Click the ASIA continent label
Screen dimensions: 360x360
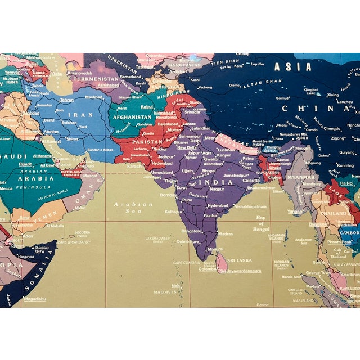[292, 66]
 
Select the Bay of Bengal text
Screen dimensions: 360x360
[260, 224]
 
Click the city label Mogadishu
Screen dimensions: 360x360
[35, 299]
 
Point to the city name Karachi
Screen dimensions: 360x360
[135, 166]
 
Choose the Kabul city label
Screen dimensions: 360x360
[147, 106]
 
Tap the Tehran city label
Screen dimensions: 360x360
[66, 100]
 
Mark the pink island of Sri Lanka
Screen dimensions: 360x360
[223, 262]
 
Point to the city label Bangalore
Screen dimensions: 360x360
[191, 231]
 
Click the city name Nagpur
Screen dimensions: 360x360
[217, 189]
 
